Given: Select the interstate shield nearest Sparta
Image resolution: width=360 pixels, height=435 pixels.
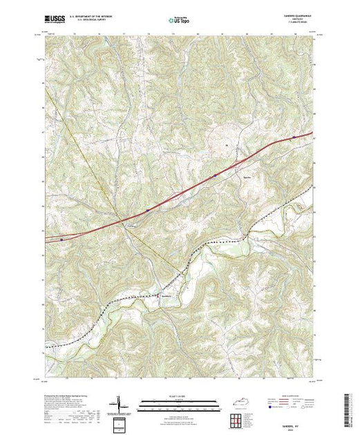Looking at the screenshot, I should [x=215, y=176].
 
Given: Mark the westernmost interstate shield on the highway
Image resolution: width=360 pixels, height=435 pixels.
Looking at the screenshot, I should [x=62, y=239].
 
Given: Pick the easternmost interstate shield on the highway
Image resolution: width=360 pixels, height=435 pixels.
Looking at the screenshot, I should [x=295, y=137].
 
